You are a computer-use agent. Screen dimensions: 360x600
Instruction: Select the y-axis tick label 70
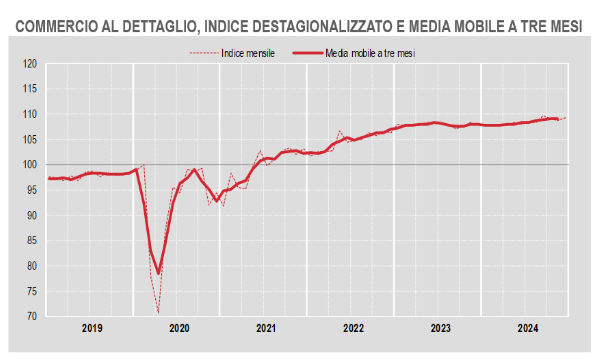[x=30, y=316]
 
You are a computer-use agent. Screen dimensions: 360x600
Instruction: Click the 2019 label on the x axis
[x=91, y=328]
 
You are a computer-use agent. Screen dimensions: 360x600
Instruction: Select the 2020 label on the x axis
[x=179, y=328]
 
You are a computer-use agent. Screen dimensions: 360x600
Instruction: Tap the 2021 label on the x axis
[x=266, y=328]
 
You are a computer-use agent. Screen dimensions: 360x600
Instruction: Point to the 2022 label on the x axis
[x=353, y=328]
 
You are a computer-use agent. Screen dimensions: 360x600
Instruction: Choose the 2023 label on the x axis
[x=440, y=328]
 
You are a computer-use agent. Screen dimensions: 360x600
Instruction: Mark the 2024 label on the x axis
[x=527, y=328]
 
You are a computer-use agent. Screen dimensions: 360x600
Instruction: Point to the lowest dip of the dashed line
[x=159, y=312]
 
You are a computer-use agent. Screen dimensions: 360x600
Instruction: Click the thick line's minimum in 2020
[x=158, y=273]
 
